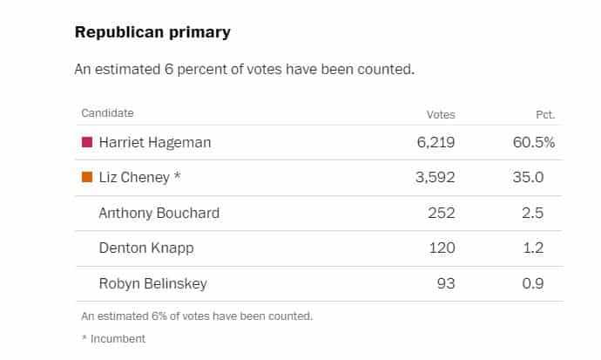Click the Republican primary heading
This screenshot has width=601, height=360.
click(152, 32)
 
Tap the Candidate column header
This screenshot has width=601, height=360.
click(107, 113)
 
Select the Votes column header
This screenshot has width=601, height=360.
click(441, 115)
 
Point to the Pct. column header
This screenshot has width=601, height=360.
click(545, 115)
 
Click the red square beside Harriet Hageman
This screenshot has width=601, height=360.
click(87, 142)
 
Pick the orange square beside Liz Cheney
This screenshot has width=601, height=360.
click(87, 177)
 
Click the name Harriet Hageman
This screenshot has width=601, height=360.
click(155, 143)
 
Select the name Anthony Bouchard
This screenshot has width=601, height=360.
click(159, 213)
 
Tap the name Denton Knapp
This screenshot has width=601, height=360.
click(146, 248)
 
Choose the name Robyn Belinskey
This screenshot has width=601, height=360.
click(153, 283)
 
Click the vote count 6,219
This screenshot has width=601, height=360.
click(436, 143)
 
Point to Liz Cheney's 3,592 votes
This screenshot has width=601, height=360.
click(436, 178)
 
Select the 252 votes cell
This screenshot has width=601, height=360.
click(442, 213)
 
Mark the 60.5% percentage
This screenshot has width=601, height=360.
click(534, 143)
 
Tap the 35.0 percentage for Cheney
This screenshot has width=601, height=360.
click(528, 177)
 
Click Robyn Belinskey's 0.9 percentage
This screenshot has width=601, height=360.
click(533, 283)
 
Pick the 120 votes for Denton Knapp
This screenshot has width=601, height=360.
click(442, 248)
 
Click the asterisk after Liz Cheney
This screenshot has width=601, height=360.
click(177, 175)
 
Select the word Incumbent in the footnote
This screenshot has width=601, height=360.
click(118, 339)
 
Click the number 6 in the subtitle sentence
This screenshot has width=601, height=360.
click(169, 70)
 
